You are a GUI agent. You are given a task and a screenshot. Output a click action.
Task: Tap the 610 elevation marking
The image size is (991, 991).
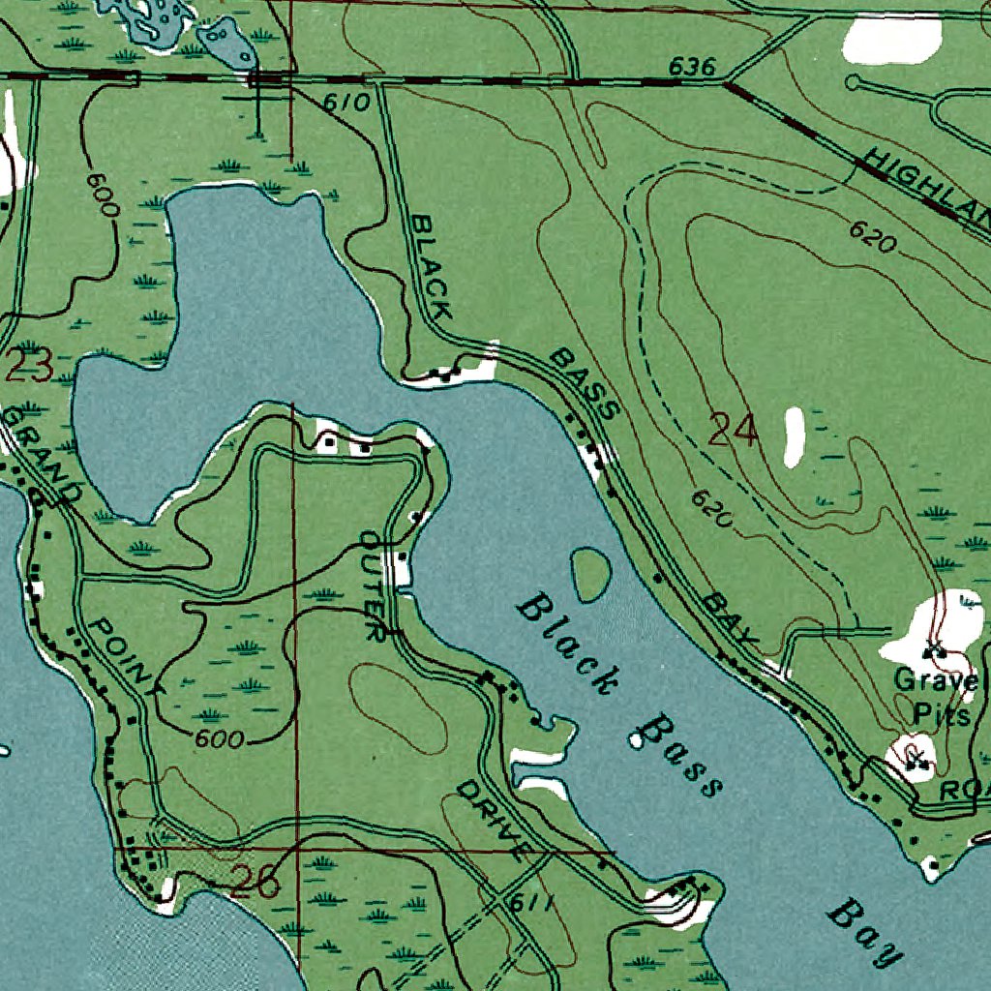point(347,103)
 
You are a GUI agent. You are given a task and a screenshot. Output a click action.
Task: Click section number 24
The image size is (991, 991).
point(733,430)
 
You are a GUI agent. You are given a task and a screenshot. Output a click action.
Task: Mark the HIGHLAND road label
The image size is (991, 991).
point(929,189)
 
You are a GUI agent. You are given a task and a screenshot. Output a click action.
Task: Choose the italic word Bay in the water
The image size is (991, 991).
point(863,932)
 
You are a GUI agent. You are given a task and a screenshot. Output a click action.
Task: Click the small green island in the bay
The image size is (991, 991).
point(590,574)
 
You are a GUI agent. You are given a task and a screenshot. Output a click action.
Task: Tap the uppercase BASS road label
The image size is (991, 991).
point(583,384)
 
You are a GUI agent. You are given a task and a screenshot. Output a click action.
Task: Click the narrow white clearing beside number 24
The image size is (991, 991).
point(795,436)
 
